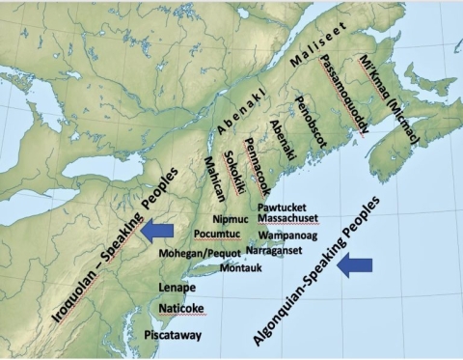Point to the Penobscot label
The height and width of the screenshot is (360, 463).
[311, 131]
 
